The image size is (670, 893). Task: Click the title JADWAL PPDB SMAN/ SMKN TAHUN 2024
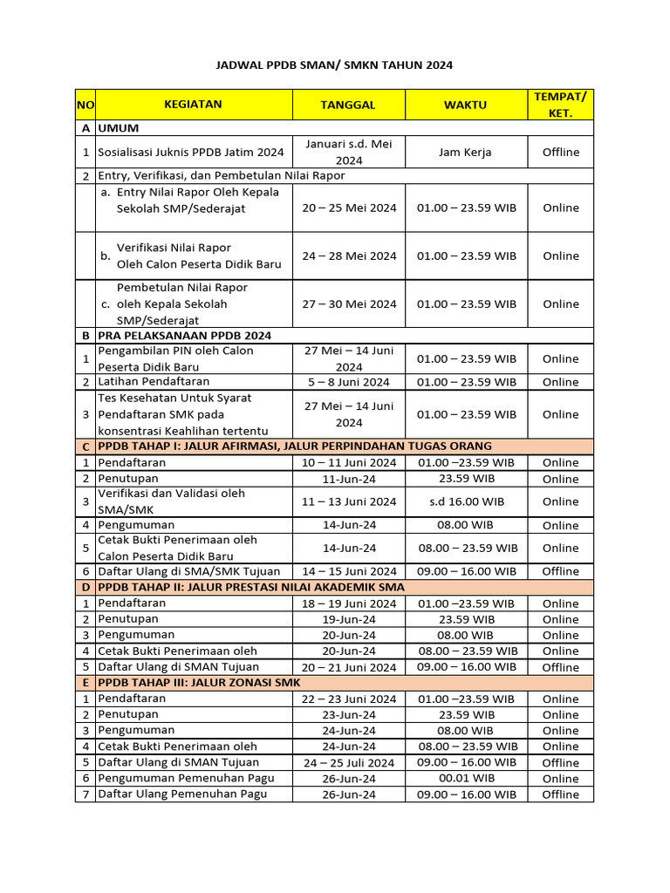335,65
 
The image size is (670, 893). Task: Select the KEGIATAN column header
193,105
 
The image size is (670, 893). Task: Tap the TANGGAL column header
348,105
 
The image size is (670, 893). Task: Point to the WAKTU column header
466,105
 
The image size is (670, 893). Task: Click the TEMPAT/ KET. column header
560,105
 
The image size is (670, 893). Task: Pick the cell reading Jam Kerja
466,152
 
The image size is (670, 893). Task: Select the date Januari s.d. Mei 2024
348,152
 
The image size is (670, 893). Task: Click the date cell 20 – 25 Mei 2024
348,208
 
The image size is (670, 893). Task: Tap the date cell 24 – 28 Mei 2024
348,256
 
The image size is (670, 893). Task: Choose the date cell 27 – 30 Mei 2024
348,303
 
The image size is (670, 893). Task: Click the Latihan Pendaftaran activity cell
154,381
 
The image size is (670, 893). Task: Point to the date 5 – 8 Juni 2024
348,382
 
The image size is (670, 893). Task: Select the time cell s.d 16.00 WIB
466,501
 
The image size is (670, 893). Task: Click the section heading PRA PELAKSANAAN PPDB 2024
184,335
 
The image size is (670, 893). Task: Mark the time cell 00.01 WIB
466,778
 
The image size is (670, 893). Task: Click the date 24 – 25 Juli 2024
348,762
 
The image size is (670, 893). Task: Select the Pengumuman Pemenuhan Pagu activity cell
186,778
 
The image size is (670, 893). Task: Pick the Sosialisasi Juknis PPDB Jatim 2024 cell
191,152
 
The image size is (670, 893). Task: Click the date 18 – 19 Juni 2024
348,603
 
